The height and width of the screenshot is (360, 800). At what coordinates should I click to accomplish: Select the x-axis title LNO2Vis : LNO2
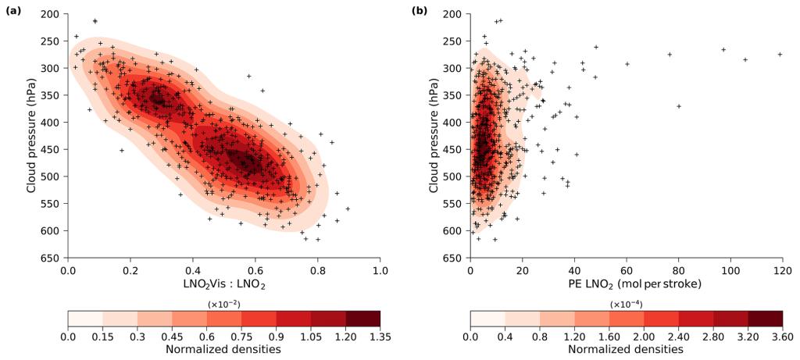pyautogui.click(x=223, y=286)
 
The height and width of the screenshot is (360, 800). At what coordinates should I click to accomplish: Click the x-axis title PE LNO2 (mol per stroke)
pyautogui.click(x=625, y=286)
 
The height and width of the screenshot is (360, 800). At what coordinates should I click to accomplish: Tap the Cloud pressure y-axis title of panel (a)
pyautogui.click(x=32, y=136)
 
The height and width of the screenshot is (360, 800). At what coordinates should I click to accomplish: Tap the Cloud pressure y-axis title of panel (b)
pyautogui.click(x=434, y=136)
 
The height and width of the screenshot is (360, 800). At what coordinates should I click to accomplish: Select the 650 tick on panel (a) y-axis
pyautogui.click(x=52, y=258)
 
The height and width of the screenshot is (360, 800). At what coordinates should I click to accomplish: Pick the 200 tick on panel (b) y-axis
pyautogui.click(x=455, y=15)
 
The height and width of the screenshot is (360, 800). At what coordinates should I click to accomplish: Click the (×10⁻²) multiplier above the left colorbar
pyautogui.click(x=223, y=304)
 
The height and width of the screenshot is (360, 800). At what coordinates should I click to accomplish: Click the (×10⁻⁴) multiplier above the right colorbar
pyautogui.click(x=626, y=304)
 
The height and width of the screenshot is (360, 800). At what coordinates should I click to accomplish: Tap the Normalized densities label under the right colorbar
pyautogui.click(x=626, y=349)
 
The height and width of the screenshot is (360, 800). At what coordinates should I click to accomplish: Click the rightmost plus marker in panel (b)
pyautogui.click(x=780, y=55)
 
